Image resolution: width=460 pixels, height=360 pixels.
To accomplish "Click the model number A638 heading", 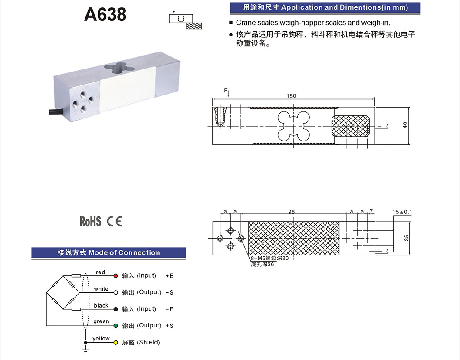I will click(x=105, y=14).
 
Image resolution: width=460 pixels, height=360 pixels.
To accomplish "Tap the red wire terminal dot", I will click(x=116, y=276).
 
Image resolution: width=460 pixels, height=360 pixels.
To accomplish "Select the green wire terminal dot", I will click(x=116, y=325).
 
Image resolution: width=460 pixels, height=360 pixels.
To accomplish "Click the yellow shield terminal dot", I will click(x=116, y=342).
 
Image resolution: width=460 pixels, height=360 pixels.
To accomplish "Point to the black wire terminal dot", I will click(x=116, y=309).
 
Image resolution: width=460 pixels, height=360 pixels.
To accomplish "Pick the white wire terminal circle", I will click(x=116, y=292).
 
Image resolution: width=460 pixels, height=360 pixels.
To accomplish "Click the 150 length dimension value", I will click(x=292, y=96).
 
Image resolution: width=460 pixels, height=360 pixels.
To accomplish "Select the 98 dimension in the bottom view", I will click(x=292, y=212).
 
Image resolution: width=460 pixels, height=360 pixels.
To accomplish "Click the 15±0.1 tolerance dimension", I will click(x=402, y=212).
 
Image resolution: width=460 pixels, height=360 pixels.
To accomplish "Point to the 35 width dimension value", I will click(x=406, y=238).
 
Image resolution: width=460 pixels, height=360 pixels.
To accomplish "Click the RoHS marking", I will click(x=90, y=222).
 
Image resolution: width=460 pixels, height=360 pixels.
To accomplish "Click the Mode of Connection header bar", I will click(x=108, y=253).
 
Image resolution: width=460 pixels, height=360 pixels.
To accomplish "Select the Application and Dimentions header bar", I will click(x=325, y=8).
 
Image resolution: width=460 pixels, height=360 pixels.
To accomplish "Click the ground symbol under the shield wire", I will click(x=86, y=346).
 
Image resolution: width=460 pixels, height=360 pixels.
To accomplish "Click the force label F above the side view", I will click(x=226, y=91).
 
